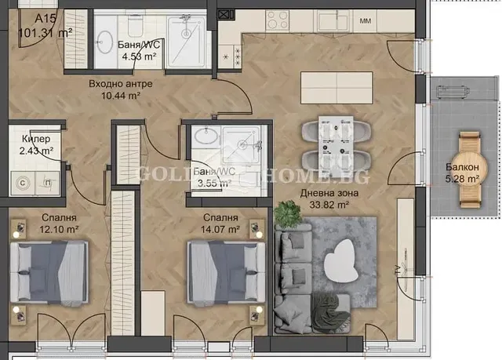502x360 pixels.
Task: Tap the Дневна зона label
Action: [x=329, y=193]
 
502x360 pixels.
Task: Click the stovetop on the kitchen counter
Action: [x=279, y=19]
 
